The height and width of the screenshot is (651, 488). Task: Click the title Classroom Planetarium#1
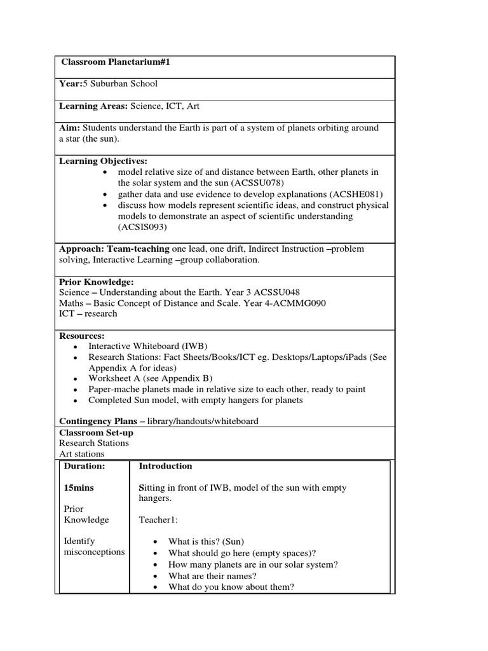coord(116,62)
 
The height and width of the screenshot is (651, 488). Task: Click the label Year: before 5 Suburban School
coord(71,84)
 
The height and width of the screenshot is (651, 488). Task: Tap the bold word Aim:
coord(70,128)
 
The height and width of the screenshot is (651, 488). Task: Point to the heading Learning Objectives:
coord(103,161)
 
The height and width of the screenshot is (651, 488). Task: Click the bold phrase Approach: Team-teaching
coord(114,249)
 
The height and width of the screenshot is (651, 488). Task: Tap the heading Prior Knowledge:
coord(96,282)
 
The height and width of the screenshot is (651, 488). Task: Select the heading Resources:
coord(82,336)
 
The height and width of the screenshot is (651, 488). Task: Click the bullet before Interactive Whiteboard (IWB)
coord(76,347)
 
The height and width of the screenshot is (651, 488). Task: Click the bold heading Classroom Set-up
coord(96,432)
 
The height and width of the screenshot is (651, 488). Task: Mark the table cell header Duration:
coord(85,466)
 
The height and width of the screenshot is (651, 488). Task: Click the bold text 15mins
coord(81,488)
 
